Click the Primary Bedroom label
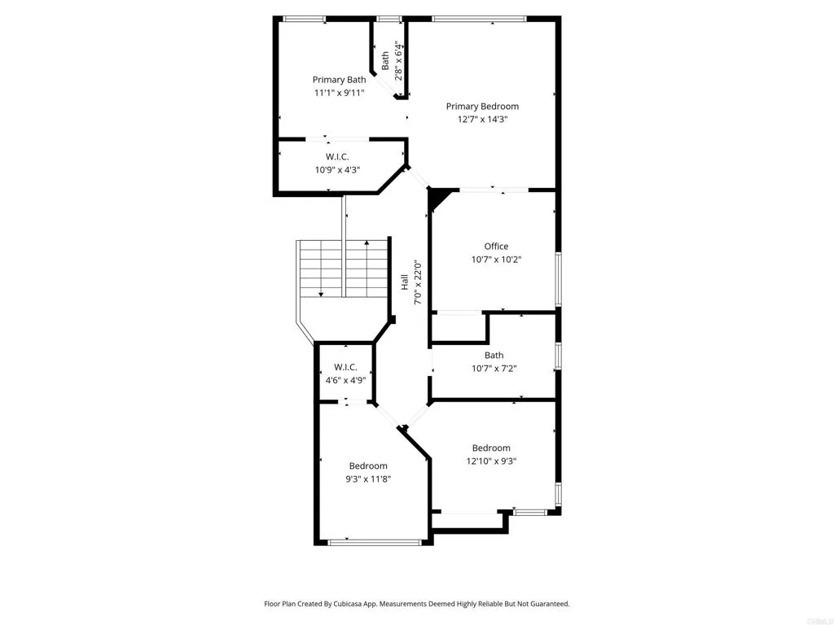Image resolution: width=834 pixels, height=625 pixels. click(x=482, y=107)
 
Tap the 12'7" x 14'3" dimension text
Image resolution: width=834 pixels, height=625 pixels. click(x=482, y=120)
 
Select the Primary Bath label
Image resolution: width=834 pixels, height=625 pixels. click(x=339, y=80)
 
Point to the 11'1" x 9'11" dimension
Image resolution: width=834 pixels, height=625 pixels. click(x=339, y=93)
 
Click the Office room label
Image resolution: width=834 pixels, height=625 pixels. click(x=496, y=247)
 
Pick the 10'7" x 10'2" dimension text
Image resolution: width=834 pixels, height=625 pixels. click(x=496, y=260)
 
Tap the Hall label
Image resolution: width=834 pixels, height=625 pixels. click(x=405, y=282)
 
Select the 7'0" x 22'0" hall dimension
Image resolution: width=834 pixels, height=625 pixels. click(x=418, y=282)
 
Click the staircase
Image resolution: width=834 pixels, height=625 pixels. click(x=341, y=269)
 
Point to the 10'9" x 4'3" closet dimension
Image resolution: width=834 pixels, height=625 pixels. click(x=337, y=170)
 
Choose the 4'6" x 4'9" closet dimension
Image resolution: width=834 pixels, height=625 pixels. click(x=345, y=380)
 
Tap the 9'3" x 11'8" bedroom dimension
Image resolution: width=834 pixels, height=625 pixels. click(x=368, y=479)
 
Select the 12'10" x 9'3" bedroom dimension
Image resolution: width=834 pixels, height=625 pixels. click(x=491, y=461)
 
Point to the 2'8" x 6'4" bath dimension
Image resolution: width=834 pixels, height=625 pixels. click(x=398, y=59)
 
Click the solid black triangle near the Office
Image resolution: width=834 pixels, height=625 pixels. click(x=437, y=198)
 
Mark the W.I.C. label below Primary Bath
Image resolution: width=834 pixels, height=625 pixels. click(x=337, y=156)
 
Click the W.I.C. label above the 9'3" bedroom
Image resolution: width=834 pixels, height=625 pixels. click(x=345, y=367)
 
